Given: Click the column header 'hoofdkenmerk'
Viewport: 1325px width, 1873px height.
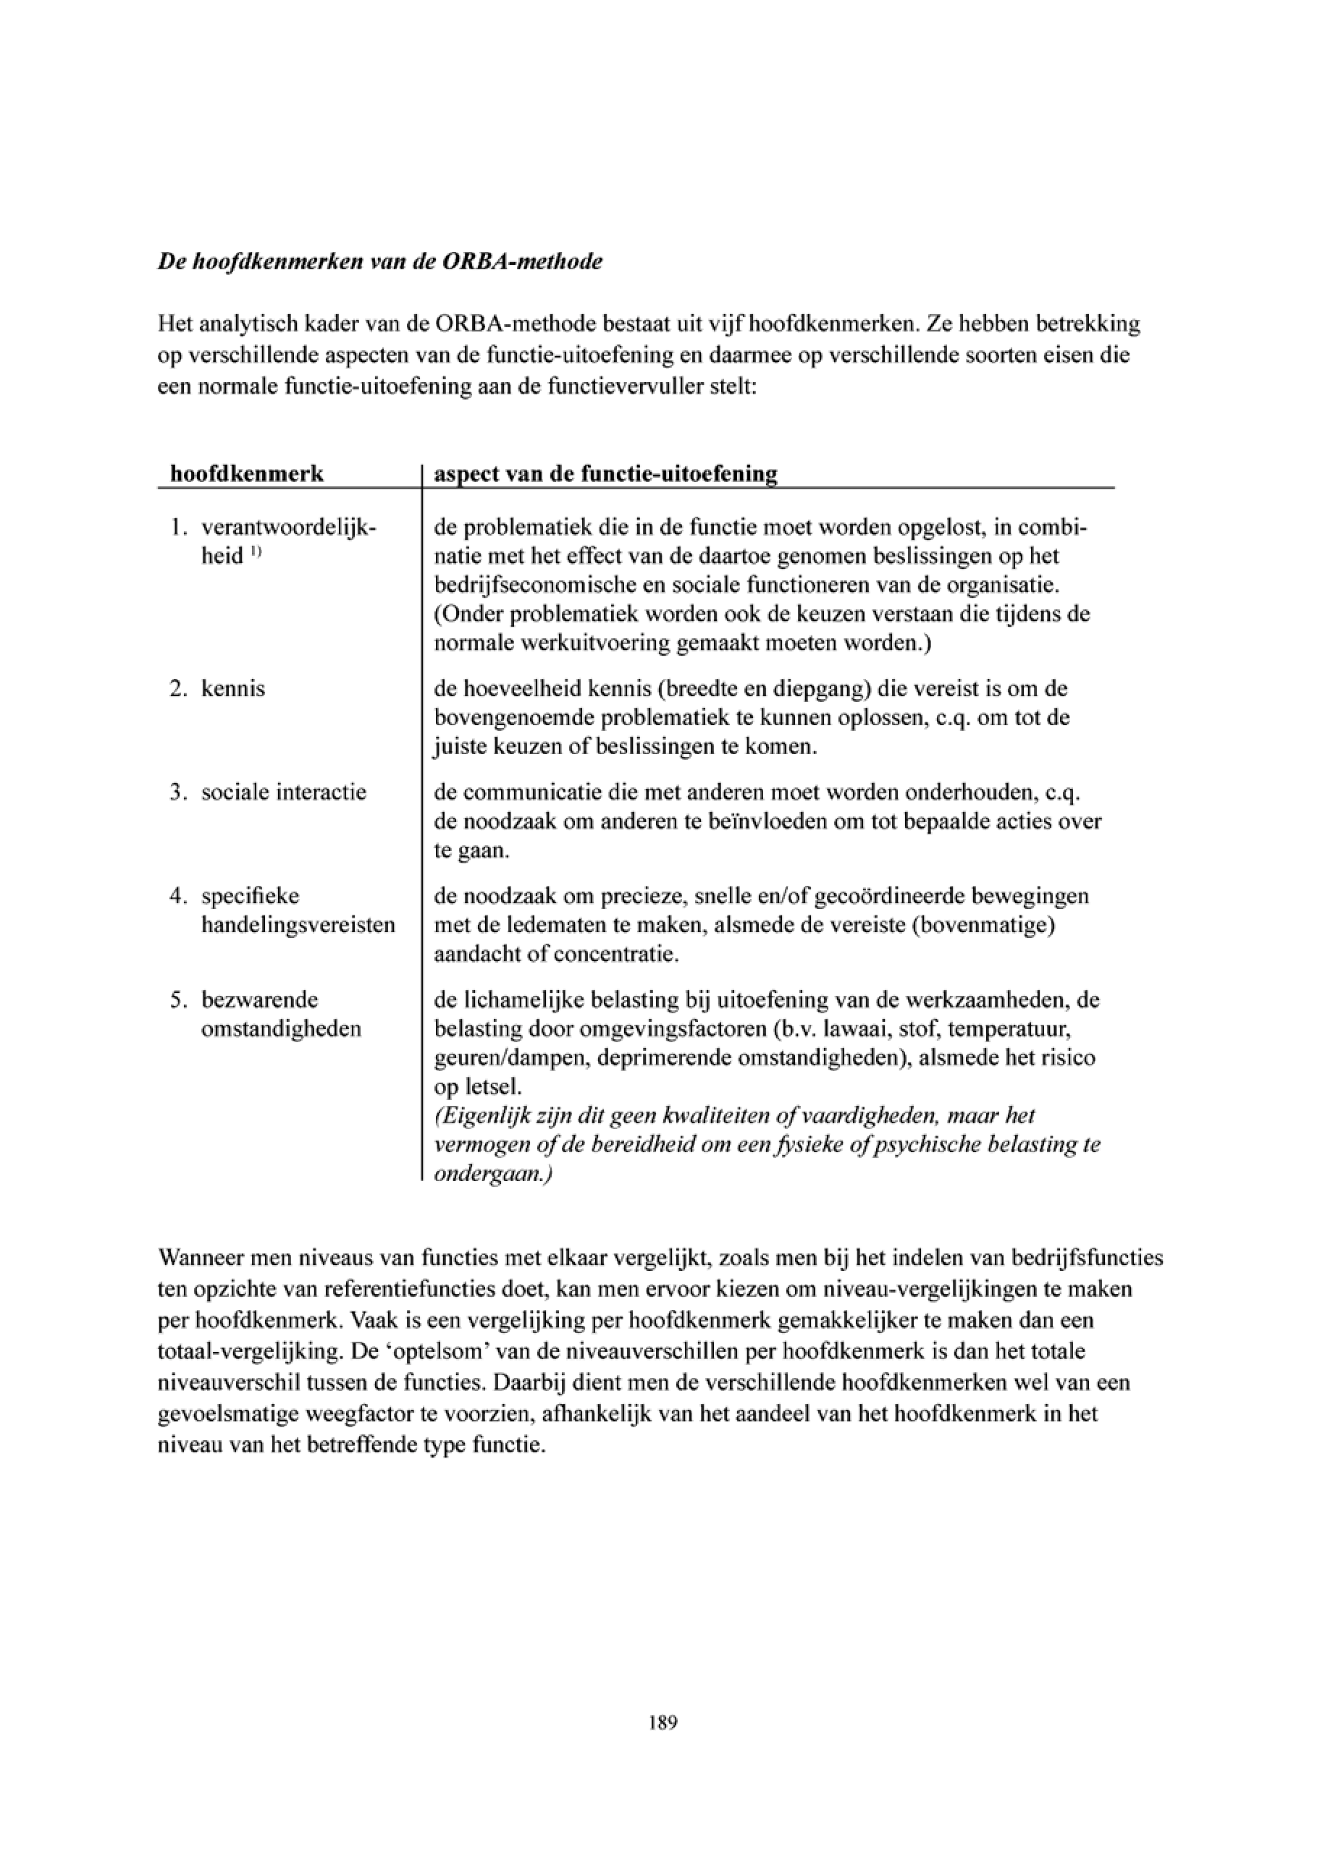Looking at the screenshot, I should pos(246,474).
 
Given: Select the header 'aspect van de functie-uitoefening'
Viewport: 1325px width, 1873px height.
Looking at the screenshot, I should pos(605,474).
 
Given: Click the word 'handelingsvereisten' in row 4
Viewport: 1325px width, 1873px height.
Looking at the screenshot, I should pos(298,925).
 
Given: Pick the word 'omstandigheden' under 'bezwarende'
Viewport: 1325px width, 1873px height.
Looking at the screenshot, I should pos(281,1028).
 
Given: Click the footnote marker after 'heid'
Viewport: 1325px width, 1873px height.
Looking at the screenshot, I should pos(256,552).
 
